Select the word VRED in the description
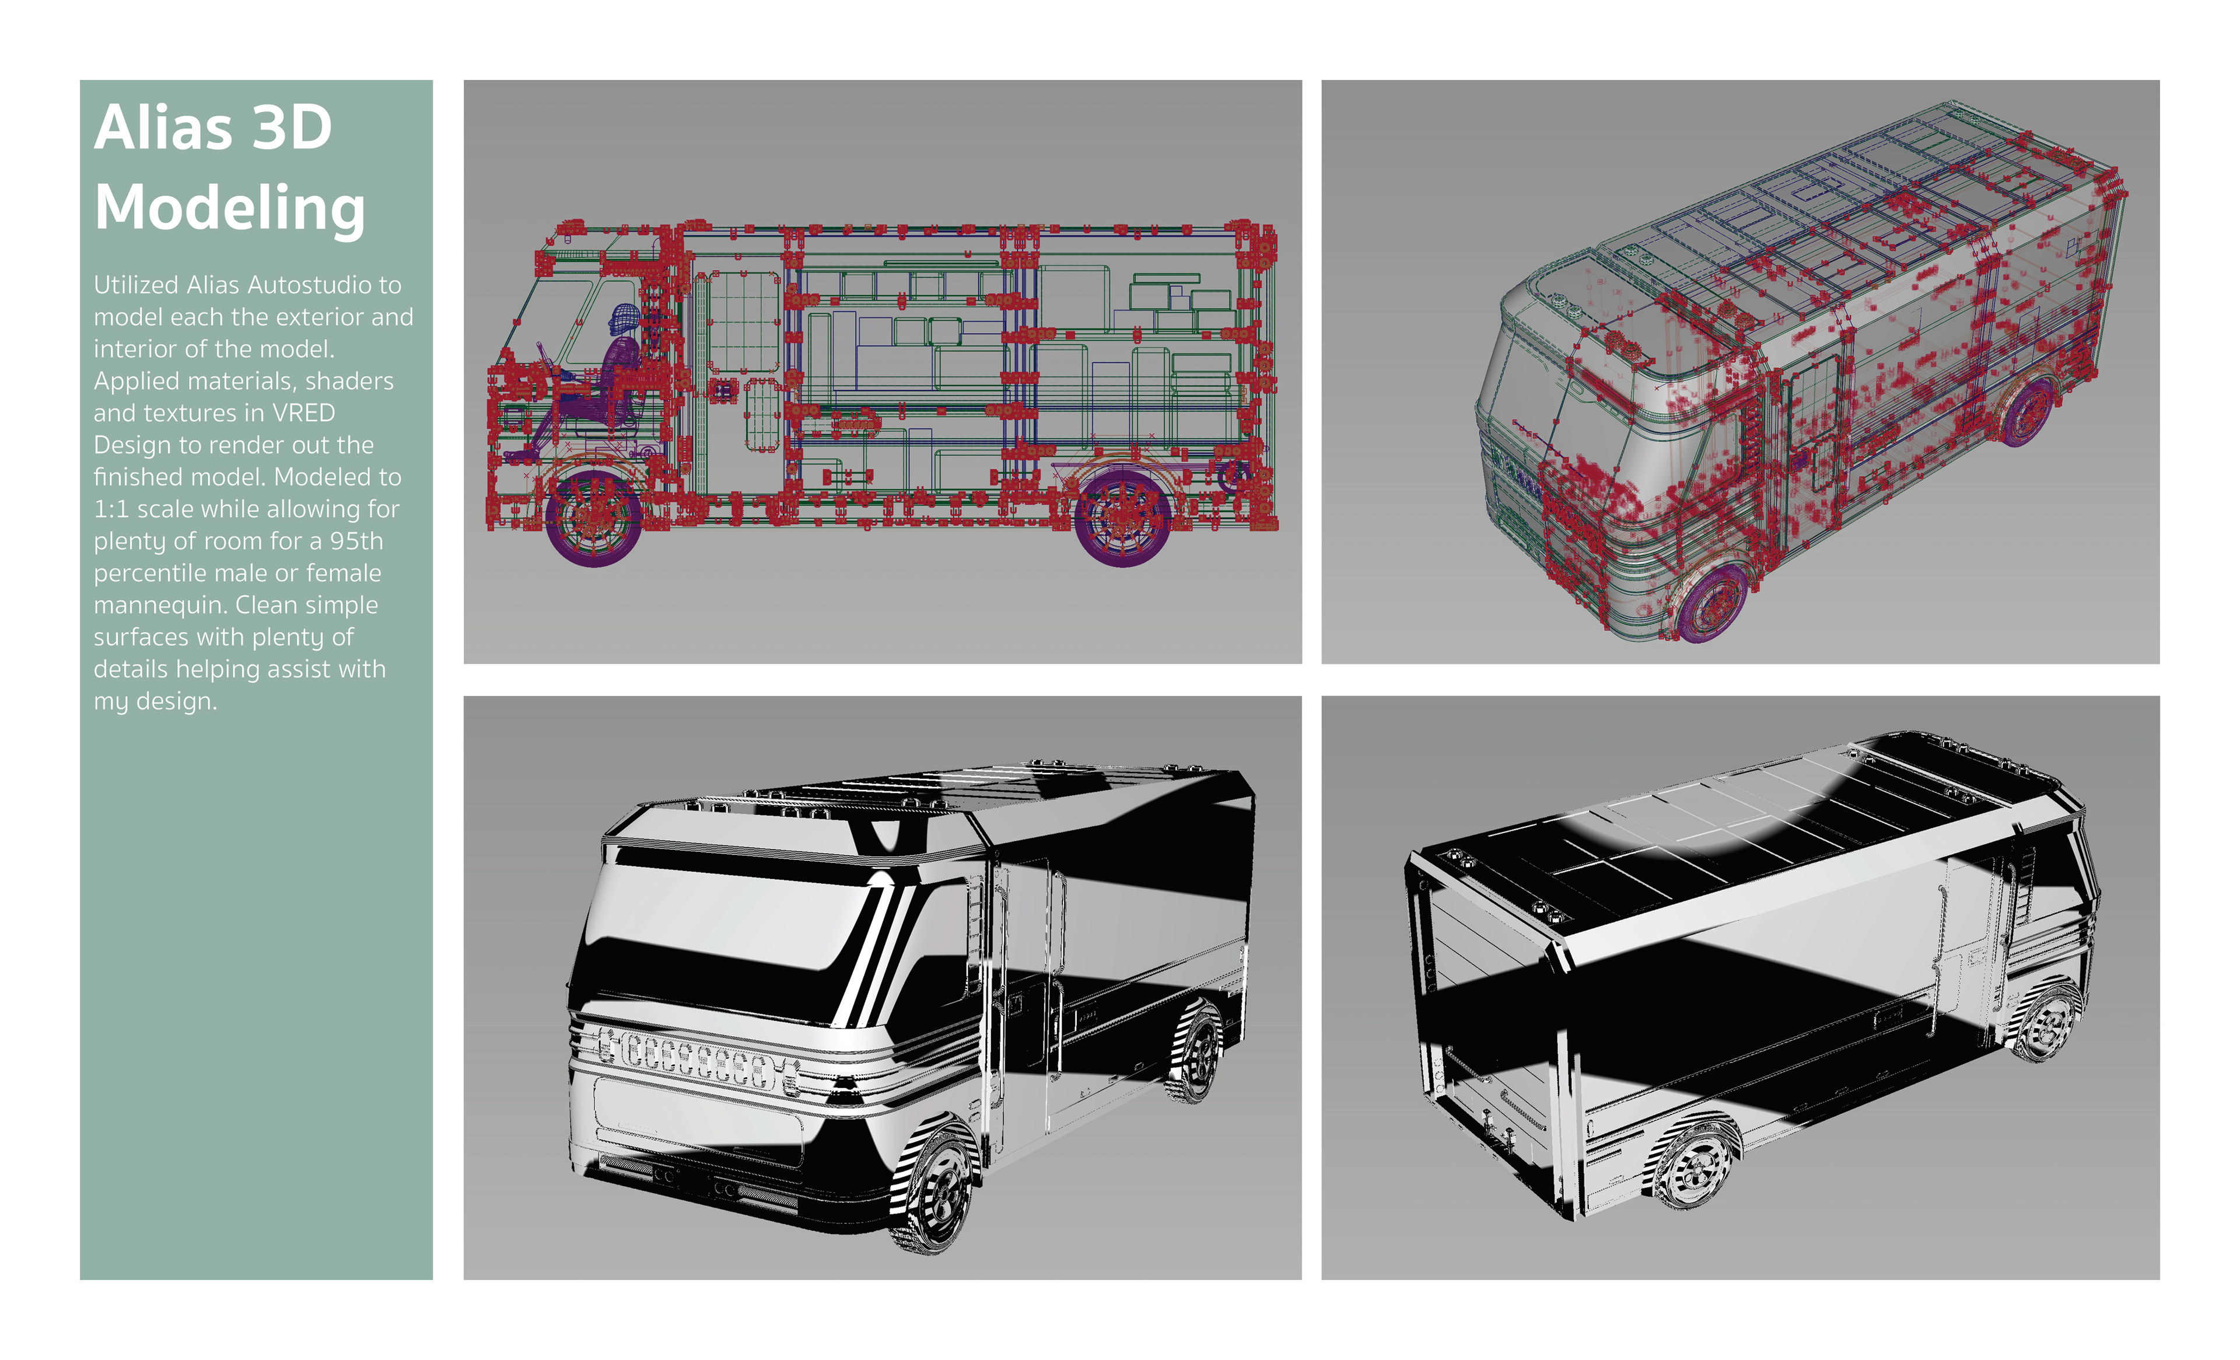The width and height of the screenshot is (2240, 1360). tap(304, 412)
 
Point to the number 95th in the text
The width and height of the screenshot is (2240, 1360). tap(356, 541)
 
